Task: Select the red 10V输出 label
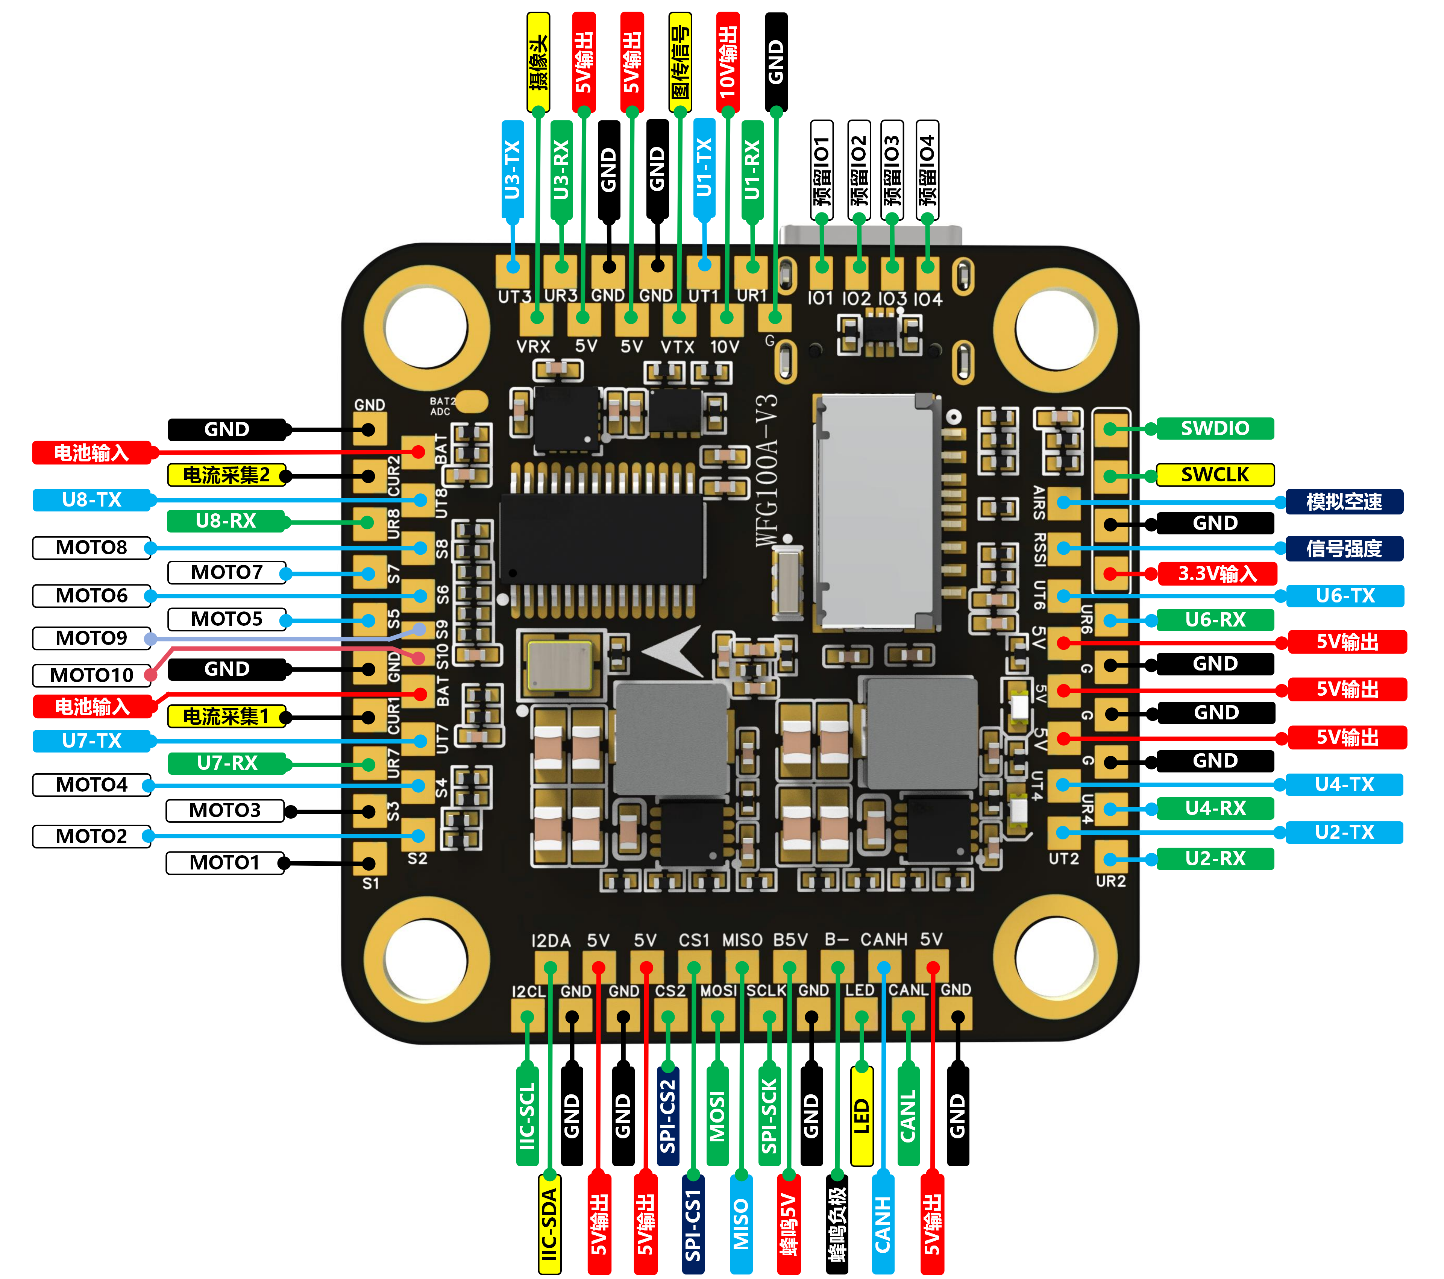tap(728, 62)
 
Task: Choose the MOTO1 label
tap(224, 863)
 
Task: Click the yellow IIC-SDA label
tap(550, 1224)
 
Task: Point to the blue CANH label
tap(883, 1224)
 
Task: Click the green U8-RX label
tap(226, 522)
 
